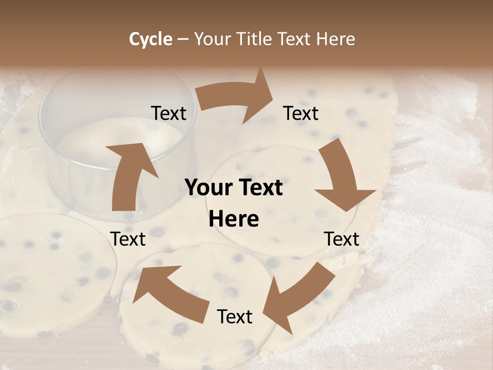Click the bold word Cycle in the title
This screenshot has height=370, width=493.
(x=150, y=39)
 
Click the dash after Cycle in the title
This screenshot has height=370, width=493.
(x=183, y=39)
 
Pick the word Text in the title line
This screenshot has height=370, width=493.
(x=295, y=39)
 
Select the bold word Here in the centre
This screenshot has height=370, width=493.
(x=234, y=219)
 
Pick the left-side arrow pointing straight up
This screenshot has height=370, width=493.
(x=128, y=175)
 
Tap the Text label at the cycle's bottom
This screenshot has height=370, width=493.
(x=235, y=317)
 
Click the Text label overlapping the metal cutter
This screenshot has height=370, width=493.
(x=168, y=113)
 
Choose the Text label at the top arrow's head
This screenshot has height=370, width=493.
(x=301, y=113)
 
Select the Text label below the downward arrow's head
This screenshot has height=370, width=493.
(x=342, y=239)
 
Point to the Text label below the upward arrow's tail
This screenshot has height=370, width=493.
(x=128, y=239)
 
